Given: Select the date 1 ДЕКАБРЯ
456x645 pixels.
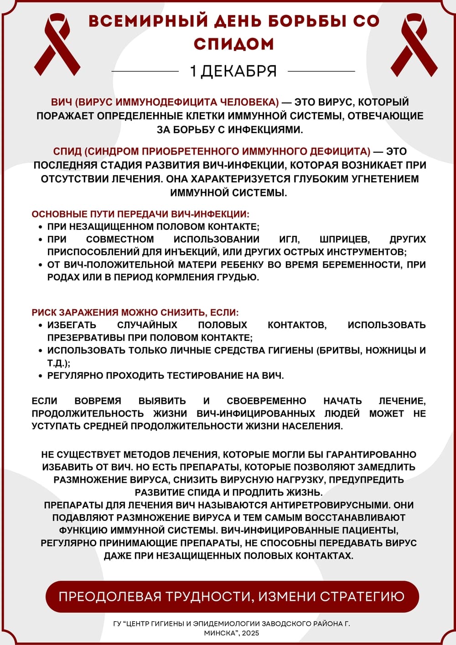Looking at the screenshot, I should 233,71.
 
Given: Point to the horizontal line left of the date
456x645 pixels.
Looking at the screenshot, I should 145,72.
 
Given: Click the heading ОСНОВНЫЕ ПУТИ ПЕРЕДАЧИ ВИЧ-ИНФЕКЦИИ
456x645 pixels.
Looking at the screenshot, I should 140,214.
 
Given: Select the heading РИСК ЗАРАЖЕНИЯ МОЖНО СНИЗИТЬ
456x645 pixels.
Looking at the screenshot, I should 135,313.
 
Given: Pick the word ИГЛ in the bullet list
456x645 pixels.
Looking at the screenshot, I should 289,239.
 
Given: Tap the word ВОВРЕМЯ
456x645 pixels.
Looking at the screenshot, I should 98,401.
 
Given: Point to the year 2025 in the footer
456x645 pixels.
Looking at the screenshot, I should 250,633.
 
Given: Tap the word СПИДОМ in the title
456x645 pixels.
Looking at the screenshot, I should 233,44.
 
